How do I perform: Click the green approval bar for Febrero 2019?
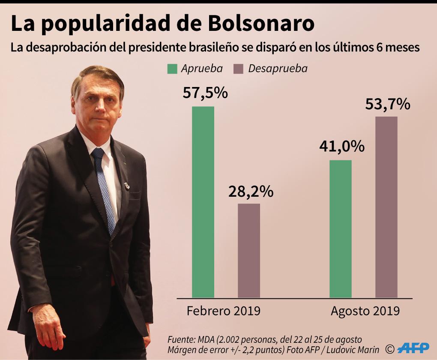203,202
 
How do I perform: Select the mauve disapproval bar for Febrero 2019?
249,250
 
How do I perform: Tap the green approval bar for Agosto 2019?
341,229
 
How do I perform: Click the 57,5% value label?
205,93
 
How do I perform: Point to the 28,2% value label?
251,191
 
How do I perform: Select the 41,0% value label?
342,147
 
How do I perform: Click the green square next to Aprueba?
172,69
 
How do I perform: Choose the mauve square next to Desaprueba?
238,69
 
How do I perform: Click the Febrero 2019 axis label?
223,311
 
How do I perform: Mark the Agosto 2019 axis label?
365,311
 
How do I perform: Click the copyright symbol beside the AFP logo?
389,348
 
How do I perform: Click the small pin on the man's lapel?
127,186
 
